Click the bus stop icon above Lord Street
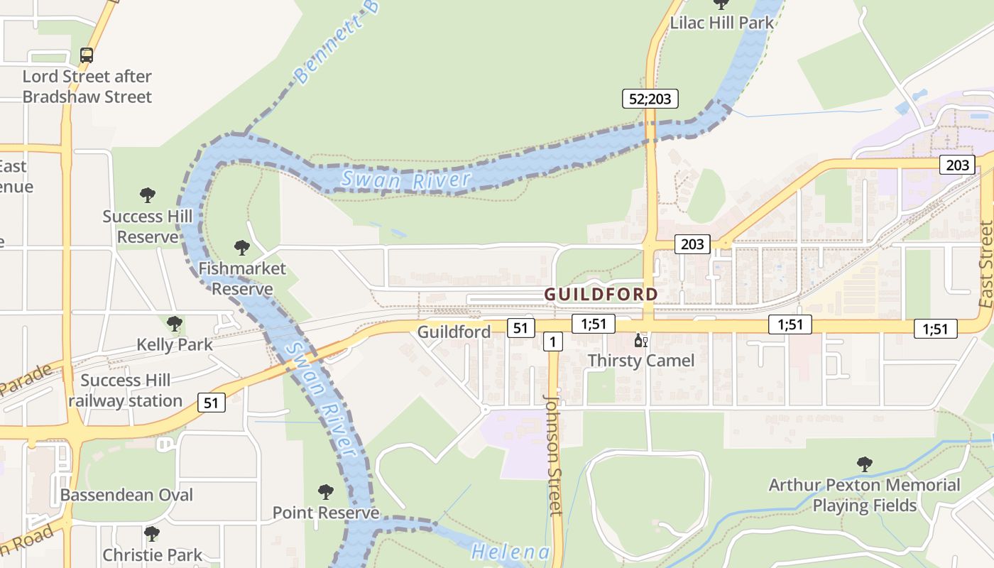(87, 55)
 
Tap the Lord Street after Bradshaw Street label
(87, 87)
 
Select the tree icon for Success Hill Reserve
(148, 195)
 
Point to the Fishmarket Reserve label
(242, 278)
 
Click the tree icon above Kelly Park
(174, 324)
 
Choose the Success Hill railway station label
(126, 390)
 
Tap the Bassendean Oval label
(126, 495)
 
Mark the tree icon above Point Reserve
(325, 491)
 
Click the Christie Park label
(153, 555)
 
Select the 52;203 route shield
(650, 99)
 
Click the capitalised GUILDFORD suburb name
(601, 294)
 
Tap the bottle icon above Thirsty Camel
(640, 341)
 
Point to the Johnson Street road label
(553, 454)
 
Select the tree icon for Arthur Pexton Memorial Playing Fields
(864, 464)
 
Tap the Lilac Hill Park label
(721, 23)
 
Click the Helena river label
(510, 552)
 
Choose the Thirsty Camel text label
(640, 361)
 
